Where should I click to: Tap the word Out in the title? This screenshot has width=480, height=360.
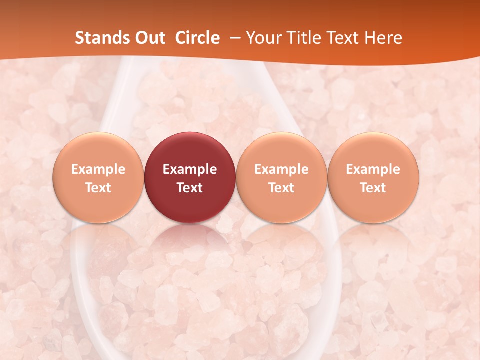click(x=149, y=38)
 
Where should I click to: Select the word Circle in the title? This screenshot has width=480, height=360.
click(x=197, y=38)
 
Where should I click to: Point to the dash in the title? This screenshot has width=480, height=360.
click(x=233, y=38)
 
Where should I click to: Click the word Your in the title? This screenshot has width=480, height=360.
click(x=262, y=38)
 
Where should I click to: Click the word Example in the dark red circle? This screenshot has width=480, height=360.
click(x=190, y=169)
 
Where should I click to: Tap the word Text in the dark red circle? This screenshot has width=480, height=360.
click(x=190, y=188)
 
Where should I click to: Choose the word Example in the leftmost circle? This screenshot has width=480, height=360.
click(x=98, y=169)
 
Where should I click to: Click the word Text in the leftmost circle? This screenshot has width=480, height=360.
click(x=98, y=188)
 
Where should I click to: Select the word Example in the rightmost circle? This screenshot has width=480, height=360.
click(x=373, y=169)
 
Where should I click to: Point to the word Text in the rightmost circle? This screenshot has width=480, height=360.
click(x=373, y=188)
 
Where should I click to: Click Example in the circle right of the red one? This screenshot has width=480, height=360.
click(x=281, y=169)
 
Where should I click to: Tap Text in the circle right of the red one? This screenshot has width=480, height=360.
click(x=281, y=188)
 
